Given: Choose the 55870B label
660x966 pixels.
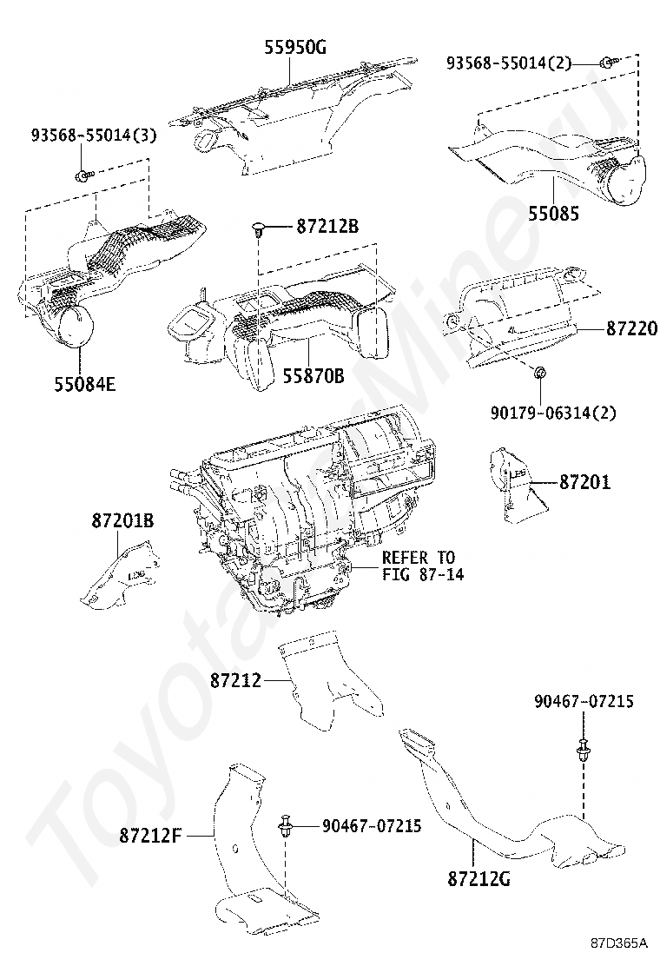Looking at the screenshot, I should pos(313,376).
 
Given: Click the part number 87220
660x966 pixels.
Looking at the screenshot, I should pos(631,329).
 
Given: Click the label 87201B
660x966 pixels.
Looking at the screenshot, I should pos(122,521).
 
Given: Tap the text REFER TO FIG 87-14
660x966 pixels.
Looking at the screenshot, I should pos(418,565).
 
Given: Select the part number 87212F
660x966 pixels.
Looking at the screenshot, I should pos(150,836).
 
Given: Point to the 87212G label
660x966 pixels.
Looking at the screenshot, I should pos(479,878).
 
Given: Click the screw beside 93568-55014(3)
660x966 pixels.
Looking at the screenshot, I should pos(82,175).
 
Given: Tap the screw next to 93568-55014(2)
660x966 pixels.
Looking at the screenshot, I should pos(606,62).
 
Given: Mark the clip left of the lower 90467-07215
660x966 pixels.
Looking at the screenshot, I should pos(286,826).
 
